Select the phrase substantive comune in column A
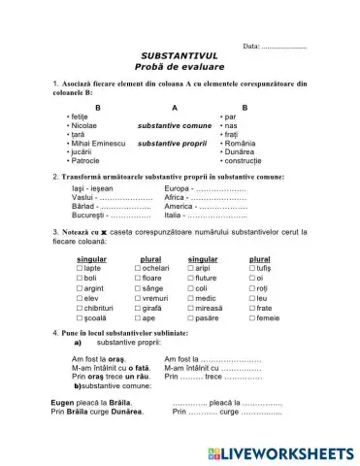point(174,125)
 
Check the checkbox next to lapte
point(80,267)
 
